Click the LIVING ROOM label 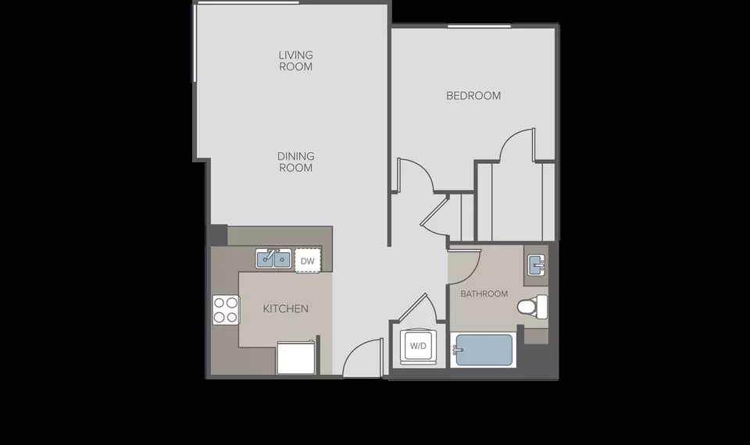295,61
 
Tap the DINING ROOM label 295,162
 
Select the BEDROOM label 473,95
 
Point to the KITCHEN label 286,309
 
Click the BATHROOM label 484,294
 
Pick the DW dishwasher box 308,261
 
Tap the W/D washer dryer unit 418,346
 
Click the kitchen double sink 273,258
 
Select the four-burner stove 226,310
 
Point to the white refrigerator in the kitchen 295,357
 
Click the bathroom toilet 532,306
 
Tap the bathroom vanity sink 537,265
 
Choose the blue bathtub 484,351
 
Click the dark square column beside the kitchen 219,235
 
